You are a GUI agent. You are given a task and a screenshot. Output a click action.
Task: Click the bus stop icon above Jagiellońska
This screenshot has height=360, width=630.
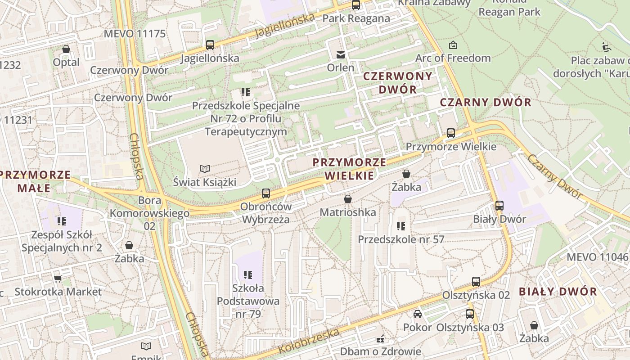coord(210,45)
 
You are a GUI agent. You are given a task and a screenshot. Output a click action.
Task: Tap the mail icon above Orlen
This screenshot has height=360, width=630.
coord(341,55)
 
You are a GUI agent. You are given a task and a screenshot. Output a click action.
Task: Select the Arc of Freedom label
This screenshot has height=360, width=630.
coord(453,58)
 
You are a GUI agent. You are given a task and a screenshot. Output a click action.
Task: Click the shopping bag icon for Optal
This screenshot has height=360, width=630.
coord(66,49)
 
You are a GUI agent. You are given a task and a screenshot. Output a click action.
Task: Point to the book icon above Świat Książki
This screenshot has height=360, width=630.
coord(205,169)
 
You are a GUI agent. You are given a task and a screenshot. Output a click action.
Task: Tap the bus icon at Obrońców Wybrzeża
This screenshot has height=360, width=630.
coord(266,193)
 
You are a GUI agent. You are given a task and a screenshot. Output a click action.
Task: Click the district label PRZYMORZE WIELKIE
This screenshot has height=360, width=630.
coord(349,169)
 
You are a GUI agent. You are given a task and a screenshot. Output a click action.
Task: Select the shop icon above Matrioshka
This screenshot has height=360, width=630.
coord(347,198)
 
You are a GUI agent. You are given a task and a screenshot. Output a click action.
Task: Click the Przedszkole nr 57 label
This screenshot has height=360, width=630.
coord(400,239)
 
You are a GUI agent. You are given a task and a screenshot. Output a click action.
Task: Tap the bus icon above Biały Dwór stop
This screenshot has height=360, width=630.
coord(499,206)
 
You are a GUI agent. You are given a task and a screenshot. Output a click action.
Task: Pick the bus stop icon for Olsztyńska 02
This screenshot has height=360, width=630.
coord(476,282)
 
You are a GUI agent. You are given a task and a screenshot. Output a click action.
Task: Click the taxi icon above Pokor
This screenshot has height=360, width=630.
coord(418,314)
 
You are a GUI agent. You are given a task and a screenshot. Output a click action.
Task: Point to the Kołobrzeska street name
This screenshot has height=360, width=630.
coord(308,341)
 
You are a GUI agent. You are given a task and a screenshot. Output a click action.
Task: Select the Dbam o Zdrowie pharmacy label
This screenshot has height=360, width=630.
coord(380,351)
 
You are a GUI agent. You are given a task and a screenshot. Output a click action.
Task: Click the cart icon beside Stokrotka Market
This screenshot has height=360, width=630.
coord(58,279)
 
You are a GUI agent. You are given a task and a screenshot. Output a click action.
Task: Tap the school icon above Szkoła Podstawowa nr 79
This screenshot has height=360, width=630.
coord(247,274)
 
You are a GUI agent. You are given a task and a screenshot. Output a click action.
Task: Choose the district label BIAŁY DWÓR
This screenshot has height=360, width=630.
coord(558,291)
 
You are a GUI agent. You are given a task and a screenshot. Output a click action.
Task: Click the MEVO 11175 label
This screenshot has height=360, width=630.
coord(134,34)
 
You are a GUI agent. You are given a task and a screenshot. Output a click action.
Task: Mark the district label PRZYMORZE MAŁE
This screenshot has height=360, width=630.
coord(36,181)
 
